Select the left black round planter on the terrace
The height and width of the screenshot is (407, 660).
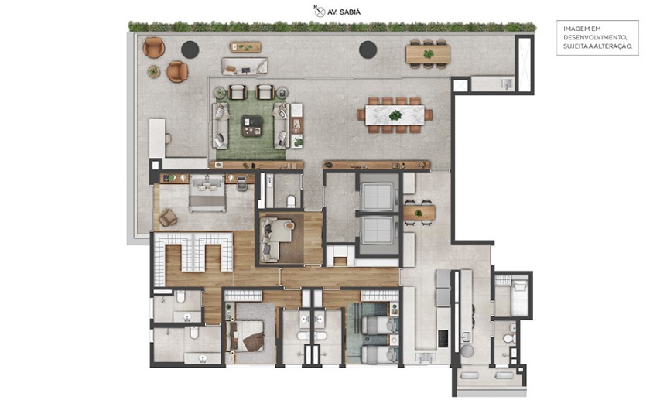[x=190, y=50]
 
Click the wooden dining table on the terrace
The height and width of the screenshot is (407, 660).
[x=428, y=53]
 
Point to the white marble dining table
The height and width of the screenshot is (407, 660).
[x=395, y=115]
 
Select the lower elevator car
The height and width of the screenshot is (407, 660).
[x=378, y=230]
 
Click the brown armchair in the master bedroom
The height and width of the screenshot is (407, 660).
[x=168, y=218]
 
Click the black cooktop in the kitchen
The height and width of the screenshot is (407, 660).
[x=443, y=338]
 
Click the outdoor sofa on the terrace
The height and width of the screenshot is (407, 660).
[x=245, y=66]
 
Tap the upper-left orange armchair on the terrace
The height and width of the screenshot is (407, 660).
[x=154, y=47]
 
